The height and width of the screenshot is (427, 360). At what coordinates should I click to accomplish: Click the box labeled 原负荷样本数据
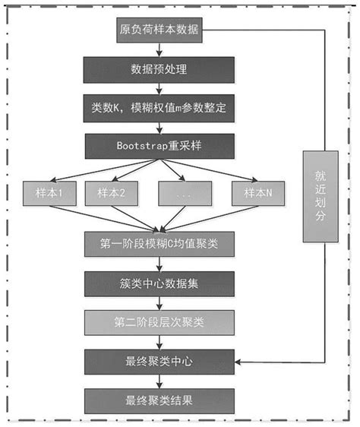[x=159, y=31]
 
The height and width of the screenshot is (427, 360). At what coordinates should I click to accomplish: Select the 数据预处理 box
[x=159, y=71]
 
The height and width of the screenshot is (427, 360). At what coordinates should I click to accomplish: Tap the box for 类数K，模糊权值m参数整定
[x=159, y=108]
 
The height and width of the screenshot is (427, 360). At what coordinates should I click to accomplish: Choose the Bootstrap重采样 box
[x=159, y=144]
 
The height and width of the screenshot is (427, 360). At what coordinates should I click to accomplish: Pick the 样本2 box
[x=111, y=193]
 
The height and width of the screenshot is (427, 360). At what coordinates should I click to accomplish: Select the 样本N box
[x=256, y=193]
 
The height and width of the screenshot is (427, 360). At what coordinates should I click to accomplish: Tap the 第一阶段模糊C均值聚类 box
[x=159, y=243]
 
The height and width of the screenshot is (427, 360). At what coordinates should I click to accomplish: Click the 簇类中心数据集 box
[x=159, y=283]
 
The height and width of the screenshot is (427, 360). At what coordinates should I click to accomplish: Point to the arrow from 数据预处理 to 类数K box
[x=159, y=89]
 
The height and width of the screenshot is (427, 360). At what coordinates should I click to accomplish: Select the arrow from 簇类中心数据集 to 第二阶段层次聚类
[x=159, y=302]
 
